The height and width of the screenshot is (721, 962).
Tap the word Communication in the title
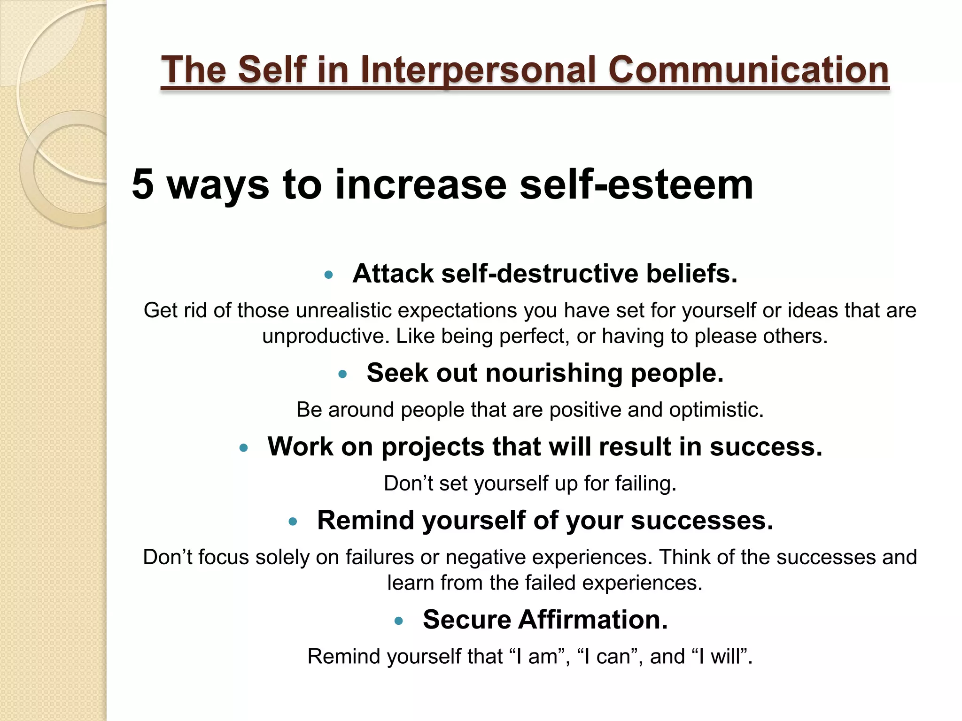(x=748, y=70)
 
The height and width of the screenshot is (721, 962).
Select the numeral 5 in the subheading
(x=143, y=184)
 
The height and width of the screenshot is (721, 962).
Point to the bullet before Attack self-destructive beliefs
(x=328, y=275)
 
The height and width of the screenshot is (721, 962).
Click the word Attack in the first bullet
(x=393, y=274)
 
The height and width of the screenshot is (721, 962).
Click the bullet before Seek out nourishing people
(x=342, y=374)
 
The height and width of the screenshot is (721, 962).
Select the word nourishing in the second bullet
(x=554, y=373)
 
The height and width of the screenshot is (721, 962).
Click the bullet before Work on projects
(x=243, y=448)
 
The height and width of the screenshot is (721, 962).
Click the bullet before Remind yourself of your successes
(x=293, y=521)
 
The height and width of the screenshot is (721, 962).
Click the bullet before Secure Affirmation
(x=399, y=621)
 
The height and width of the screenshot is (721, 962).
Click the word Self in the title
(x=272, y=70)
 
